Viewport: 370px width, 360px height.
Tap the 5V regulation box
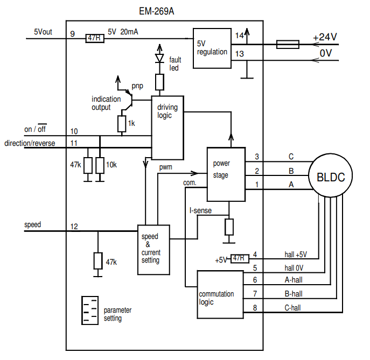[212, 48]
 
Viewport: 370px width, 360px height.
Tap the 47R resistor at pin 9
[94, 38]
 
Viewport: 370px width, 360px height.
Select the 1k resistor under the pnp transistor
[122, 124]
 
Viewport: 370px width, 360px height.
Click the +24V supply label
[325, 37]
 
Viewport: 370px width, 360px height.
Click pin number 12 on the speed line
[74, 227]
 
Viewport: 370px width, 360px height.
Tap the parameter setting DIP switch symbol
[89, 310]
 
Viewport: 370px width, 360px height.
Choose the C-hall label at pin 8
[293, 308]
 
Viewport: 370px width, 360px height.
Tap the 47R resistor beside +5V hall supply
[239, 259]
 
